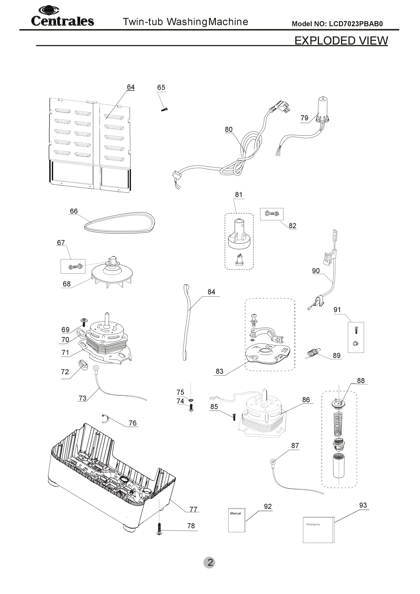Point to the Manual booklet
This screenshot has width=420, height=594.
[236, 520]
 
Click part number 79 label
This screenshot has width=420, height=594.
[304, 118]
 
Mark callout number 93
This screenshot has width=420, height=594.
[363, 505]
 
